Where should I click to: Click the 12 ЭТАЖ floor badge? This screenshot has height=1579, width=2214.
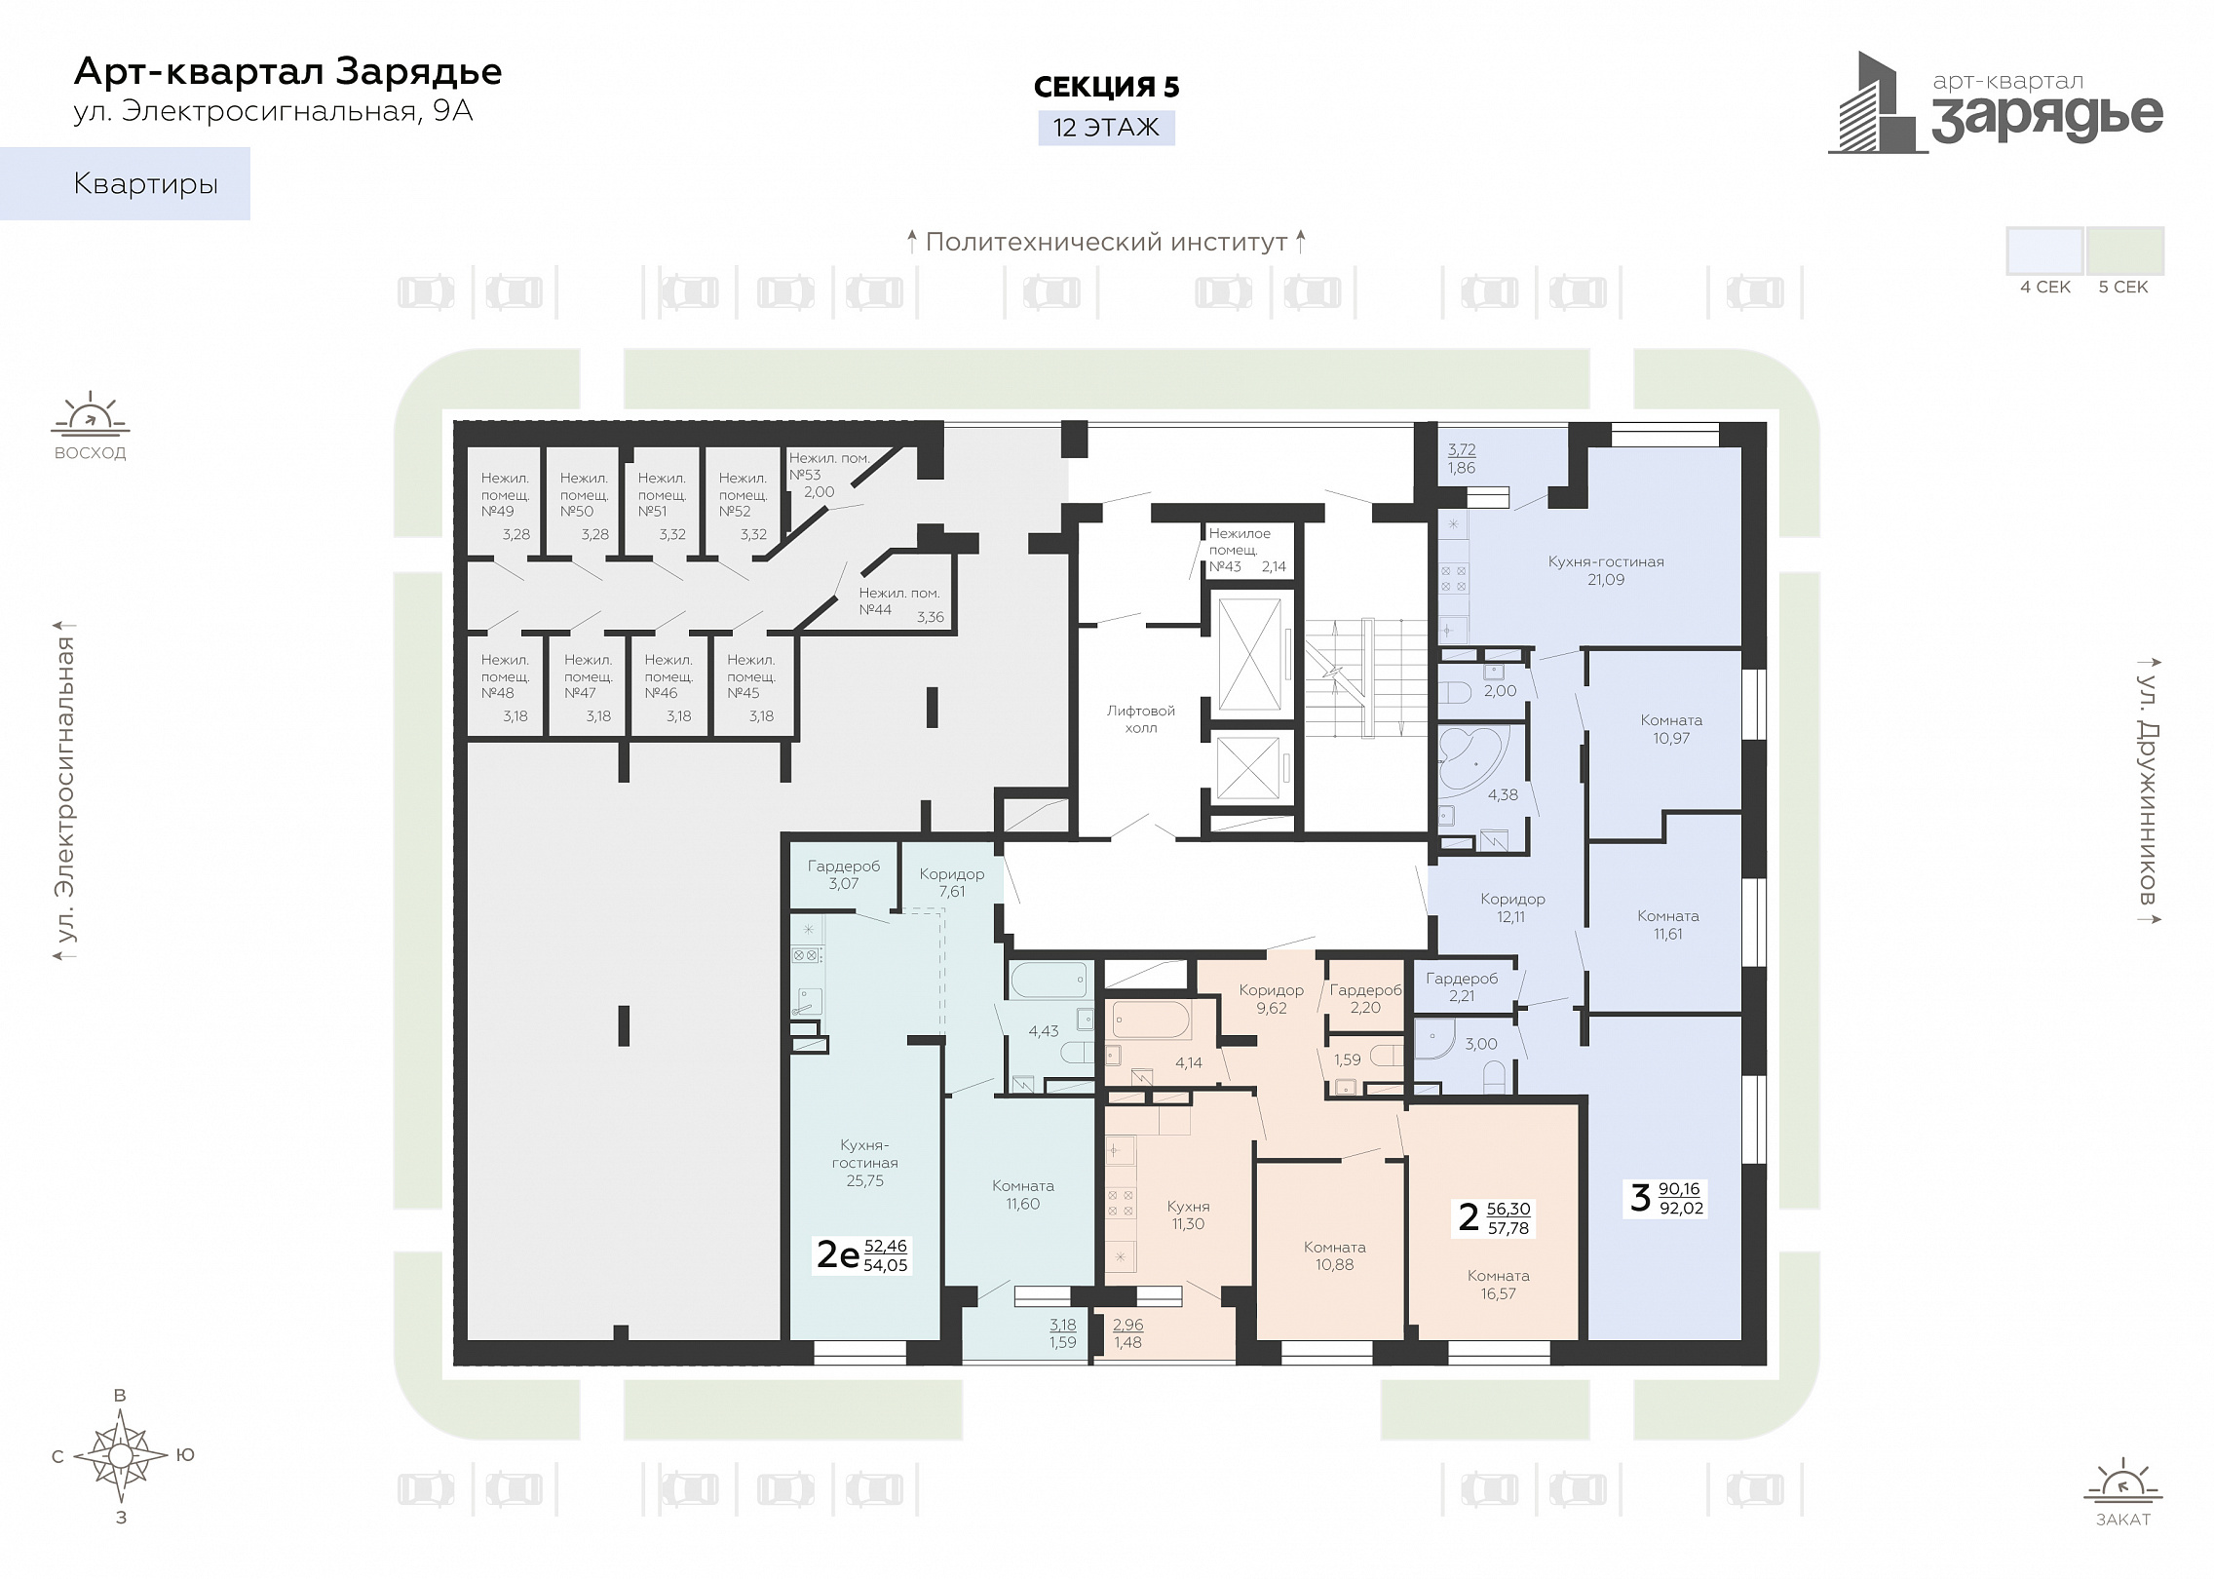[x=1106, y=128]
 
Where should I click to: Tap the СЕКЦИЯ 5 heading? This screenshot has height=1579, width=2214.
[x=1106, y=87]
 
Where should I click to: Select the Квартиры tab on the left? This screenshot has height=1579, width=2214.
[x=125, y=183]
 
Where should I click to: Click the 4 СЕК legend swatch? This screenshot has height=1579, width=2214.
[x=2044, y=251]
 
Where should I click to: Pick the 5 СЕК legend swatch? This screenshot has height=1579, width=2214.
[x=2125, y=251]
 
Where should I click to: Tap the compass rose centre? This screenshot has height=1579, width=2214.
[x=120, y=1455]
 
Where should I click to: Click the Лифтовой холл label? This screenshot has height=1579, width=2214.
[x=1141, y=719]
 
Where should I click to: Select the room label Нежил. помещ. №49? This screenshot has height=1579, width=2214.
[x=505, y=494]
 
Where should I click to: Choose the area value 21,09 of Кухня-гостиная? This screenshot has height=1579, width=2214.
[x=1606, y=580]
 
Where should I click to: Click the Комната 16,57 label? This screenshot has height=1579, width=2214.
[x=1499, y=1285]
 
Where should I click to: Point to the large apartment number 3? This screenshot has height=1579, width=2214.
[x=1641, y=1198]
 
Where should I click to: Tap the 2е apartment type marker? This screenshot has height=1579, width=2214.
[x=837, y=1254]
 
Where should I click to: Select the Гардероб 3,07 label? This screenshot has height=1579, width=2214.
[x=844, y=874]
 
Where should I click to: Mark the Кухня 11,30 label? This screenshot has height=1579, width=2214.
[x=1189, y=1215]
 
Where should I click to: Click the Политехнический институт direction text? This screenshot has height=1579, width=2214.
[x=1107, y=242]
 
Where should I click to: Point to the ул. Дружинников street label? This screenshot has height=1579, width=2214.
[x=2148, y=790]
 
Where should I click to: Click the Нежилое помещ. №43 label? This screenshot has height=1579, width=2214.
[x=1240, y=550]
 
